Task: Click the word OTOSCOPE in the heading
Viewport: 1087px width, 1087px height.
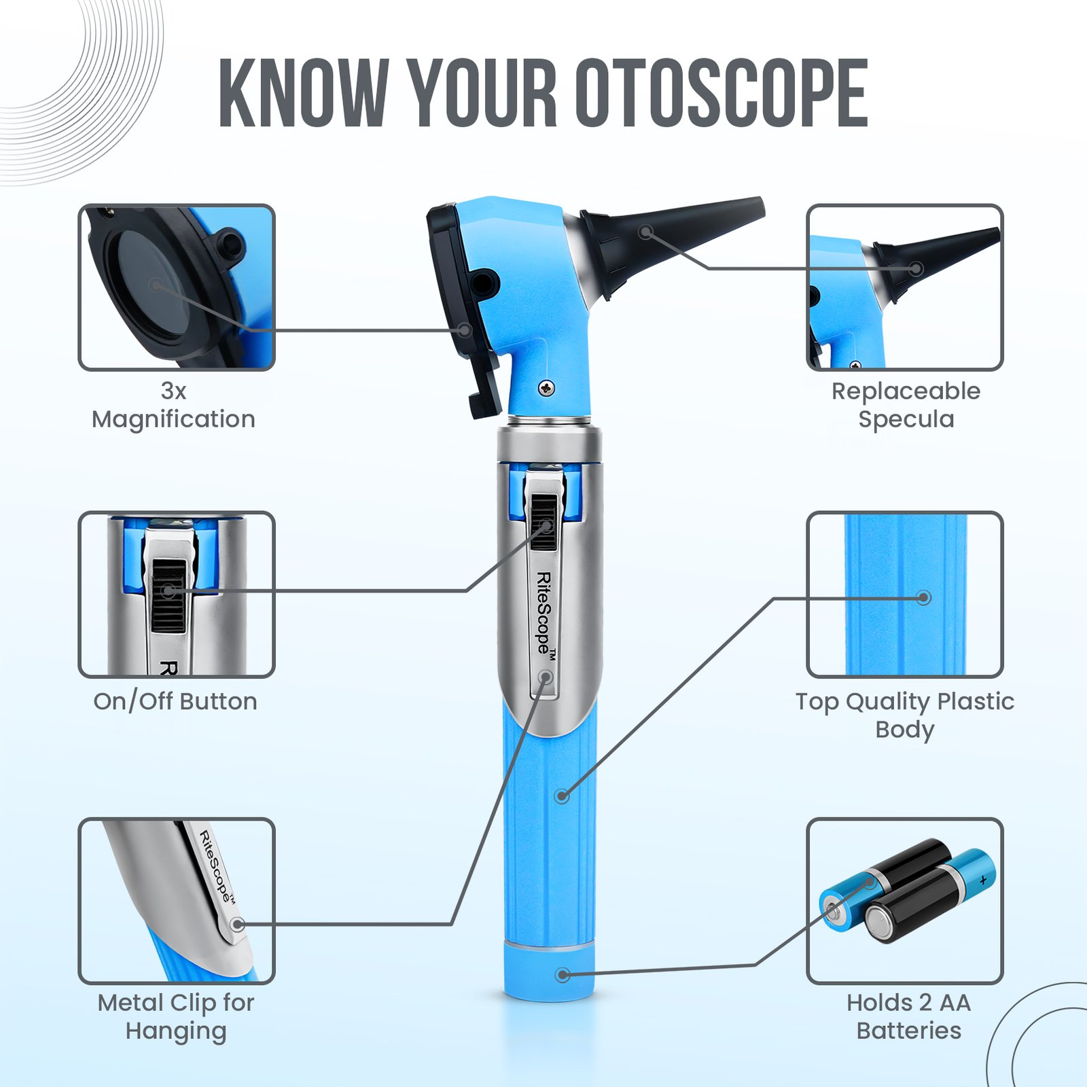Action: tap(721, 93)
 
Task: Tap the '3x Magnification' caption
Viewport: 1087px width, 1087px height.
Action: tap(174, 406)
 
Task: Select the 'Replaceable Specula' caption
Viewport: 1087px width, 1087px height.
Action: tap(906, 406)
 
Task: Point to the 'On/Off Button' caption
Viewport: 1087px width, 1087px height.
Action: tap(175, 701)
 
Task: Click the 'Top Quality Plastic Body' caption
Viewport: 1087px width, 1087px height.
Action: tap(905, 715)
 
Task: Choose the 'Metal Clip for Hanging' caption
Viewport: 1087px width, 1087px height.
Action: tap(176, 1016)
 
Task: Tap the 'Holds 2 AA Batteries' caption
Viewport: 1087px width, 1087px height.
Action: tap(909, 1016)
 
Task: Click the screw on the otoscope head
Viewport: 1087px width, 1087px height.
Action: tap(546, 388)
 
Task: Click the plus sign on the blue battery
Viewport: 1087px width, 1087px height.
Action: tap(983, 880)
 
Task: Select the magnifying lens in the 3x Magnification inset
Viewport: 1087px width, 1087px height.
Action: tap(153, 284)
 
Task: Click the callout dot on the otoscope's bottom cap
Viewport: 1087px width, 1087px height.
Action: tap(563, 975)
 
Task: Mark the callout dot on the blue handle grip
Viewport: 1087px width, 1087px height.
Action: tap(562, 796)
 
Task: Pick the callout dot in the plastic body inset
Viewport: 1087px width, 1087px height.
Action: tap(923, 598)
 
